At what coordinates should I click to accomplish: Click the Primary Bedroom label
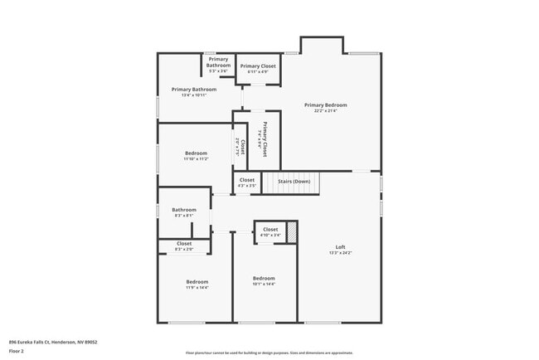[325, 105]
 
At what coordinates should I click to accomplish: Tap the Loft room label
[340, 247]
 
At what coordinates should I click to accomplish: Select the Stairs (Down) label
[294, 182]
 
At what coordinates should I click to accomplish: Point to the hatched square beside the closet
[292, 231]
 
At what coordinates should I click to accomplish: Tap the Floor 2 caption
[17, 350]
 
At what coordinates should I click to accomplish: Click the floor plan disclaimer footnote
[269, 353]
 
